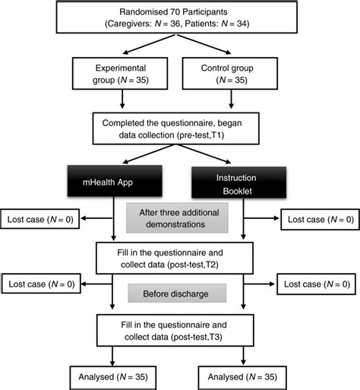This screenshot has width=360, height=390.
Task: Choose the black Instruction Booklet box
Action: (242, 183)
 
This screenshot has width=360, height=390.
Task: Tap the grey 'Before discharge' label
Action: (178, 293)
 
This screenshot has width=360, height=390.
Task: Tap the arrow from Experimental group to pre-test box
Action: (122, 100)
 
